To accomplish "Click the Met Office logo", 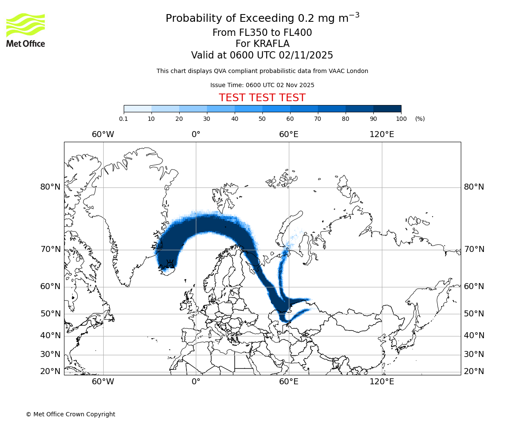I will pyautogui.click(x=26, y=30).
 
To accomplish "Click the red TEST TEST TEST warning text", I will pyautogui.click(x=262, y=98).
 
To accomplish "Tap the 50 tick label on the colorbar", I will pyautogui.click(x=262, y=119).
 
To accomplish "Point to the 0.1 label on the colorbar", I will pyautogui.click(x=123, y=119).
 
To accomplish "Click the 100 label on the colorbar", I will pyautogui.click(x=401, y=119).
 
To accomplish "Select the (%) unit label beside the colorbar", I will pyautogui.click(x=420, y=119).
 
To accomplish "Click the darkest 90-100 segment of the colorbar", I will pyautogui.click(x=387, y=109).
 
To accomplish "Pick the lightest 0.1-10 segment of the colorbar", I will pyautogui.click(x=137, y=109).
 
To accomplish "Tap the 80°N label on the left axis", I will pyautogui.click(x=50, y=187).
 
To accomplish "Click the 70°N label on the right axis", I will pyautogui.click(x=474, y=249).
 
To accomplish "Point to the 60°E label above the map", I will pyautogui.click(x=289, y=135).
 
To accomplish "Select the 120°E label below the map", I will pyautogui.click(x=382, y=382).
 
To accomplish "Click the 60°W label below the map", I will pyautogui.click(x=103, y=382).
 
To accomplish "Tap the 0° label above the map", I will pyautogui.click(x=196, y=135).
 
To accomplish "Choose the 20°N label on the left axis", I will pyautogui.click(x=50, y=371).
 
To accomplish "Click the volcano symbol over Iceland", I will pyautogui.click(x=169, y=262).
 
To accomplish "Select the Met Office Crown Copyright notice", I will pyautogui.click(x=70, y=414).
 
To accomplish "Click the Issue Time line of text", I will pyautogui.click(x=262, y=85).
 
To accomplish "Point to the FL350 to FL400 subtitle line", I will pyautogui.click(x=262, y=33).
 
